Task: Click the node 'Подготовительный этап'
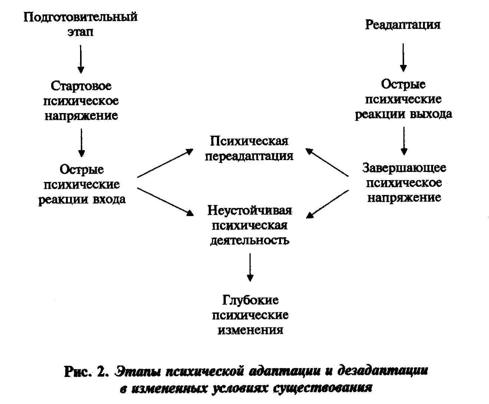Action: point(80,24)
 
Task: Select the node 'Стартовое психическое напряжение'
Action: point(81,101)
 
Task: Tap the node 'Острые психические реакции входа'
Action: point(82,185)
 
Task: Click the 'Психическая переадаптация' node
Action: point(249,148)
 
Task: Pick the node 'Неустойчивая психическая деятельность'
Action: point(250,225)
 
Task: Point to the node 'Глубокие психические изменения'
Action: point(250,315)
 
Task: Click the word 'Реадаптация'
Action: point(403,25)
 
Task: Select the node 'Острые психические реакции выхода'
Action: point(403,99)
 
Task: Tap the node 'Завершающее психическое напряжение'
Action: point(404,182)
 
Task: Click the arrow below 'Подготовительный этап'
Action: point(81,59)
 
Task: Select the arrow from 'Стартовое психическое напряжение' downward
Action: point(82,142)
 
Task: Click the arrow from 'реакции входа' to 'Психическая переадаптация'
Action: point(165,163)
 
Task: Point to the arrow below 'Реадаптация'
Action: point(403,57)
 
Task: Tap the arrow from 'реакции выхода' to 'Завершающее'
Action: point(404,140)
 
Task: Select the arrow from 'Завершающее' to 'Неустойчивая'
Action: point(328,203)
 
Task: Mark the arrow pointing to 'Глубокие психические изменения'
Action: point(250,267)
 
